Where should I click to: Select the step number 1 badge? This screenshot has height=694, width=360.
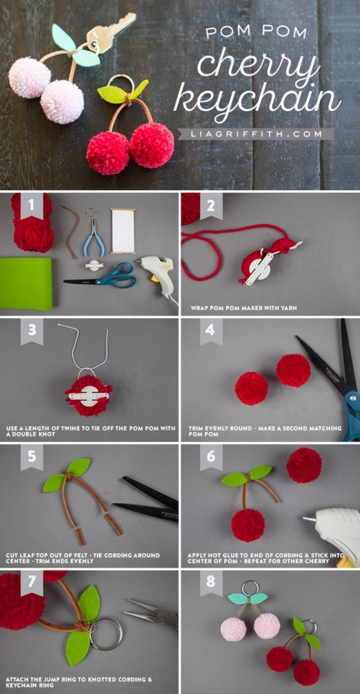coord(32,206)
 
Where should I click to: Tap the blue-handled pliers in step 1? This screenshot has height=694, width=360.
coord(93,238)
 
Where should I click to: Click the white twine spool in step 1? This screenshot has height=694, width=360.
coord(123,230)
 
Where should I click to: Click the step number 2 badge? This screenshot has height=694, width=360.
coord(211,206)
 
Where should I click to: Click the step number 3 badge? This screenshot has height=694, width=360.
coord(32,331)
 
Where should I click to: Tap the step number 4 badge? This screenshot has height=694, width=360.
coord(211,331)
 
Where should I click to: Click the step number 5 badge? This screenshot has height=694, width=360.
coord(32,457)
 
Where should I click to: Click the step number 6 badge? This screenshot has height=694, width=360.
coord(211,457)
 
